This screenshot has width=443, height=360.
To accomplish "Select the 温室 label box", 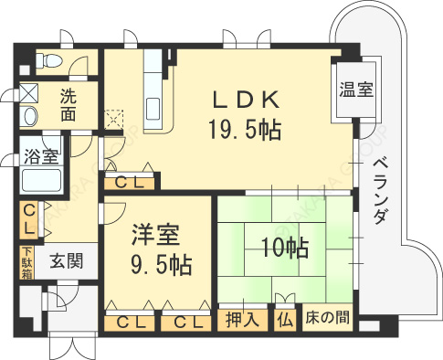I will tap(354, 90).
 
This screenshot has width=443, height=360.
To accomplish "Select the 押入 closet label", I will tap(241, 320).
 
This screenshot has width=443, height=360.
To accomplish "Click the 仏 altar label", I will tap(286, 320).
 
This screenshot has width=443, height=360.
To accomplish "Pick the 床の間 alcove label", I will tap(327, 320).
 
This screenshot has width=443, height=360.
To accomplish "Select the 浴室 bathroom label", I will tap(42, 154).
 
